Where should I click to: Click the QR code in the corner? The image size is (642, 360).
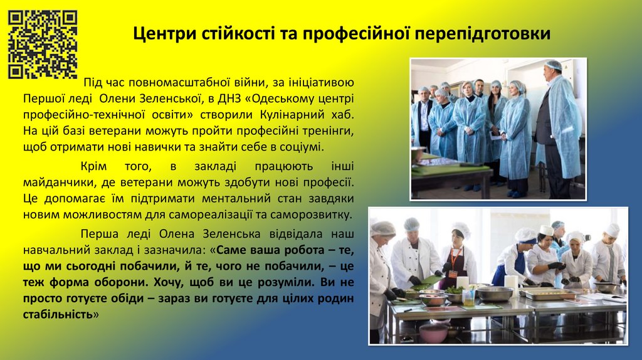pos(42,44)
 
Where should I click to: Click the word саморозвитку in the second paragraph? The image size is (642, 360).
pos(315,215)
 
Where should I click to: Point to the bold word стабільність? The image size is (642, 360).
pos(58,314)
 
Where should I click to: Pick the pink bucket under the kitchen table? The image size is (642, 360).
pos(433,332)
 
